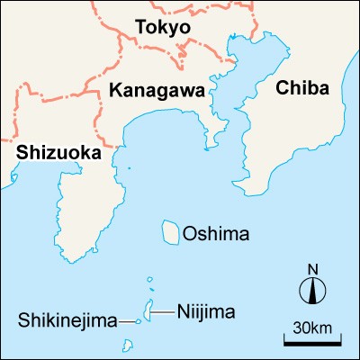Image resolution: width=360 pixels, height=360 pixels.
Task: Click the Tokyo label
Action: (x=163, y=27)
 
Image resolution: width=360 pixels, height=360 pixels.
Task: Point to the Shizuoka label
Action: (x=58, y=154)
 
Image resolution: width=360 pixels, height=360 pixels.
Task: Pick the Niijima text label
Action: (x=205, y=312)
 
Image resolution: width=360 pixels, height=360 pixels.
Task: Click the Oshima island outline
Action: (x=169, y=231)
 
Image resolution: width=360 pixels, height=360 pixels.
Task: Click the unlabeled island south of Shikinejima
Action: (x=132, y=343)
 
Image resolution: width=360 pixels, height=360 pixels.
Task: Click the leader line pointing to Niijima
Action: (x=164, y=312)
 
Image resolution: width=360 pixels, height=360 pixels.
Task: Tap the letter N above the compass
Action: (x=313, y=268)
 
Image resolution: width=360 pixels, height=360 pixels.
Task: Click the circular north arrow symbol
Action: (x=313, y=290)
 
